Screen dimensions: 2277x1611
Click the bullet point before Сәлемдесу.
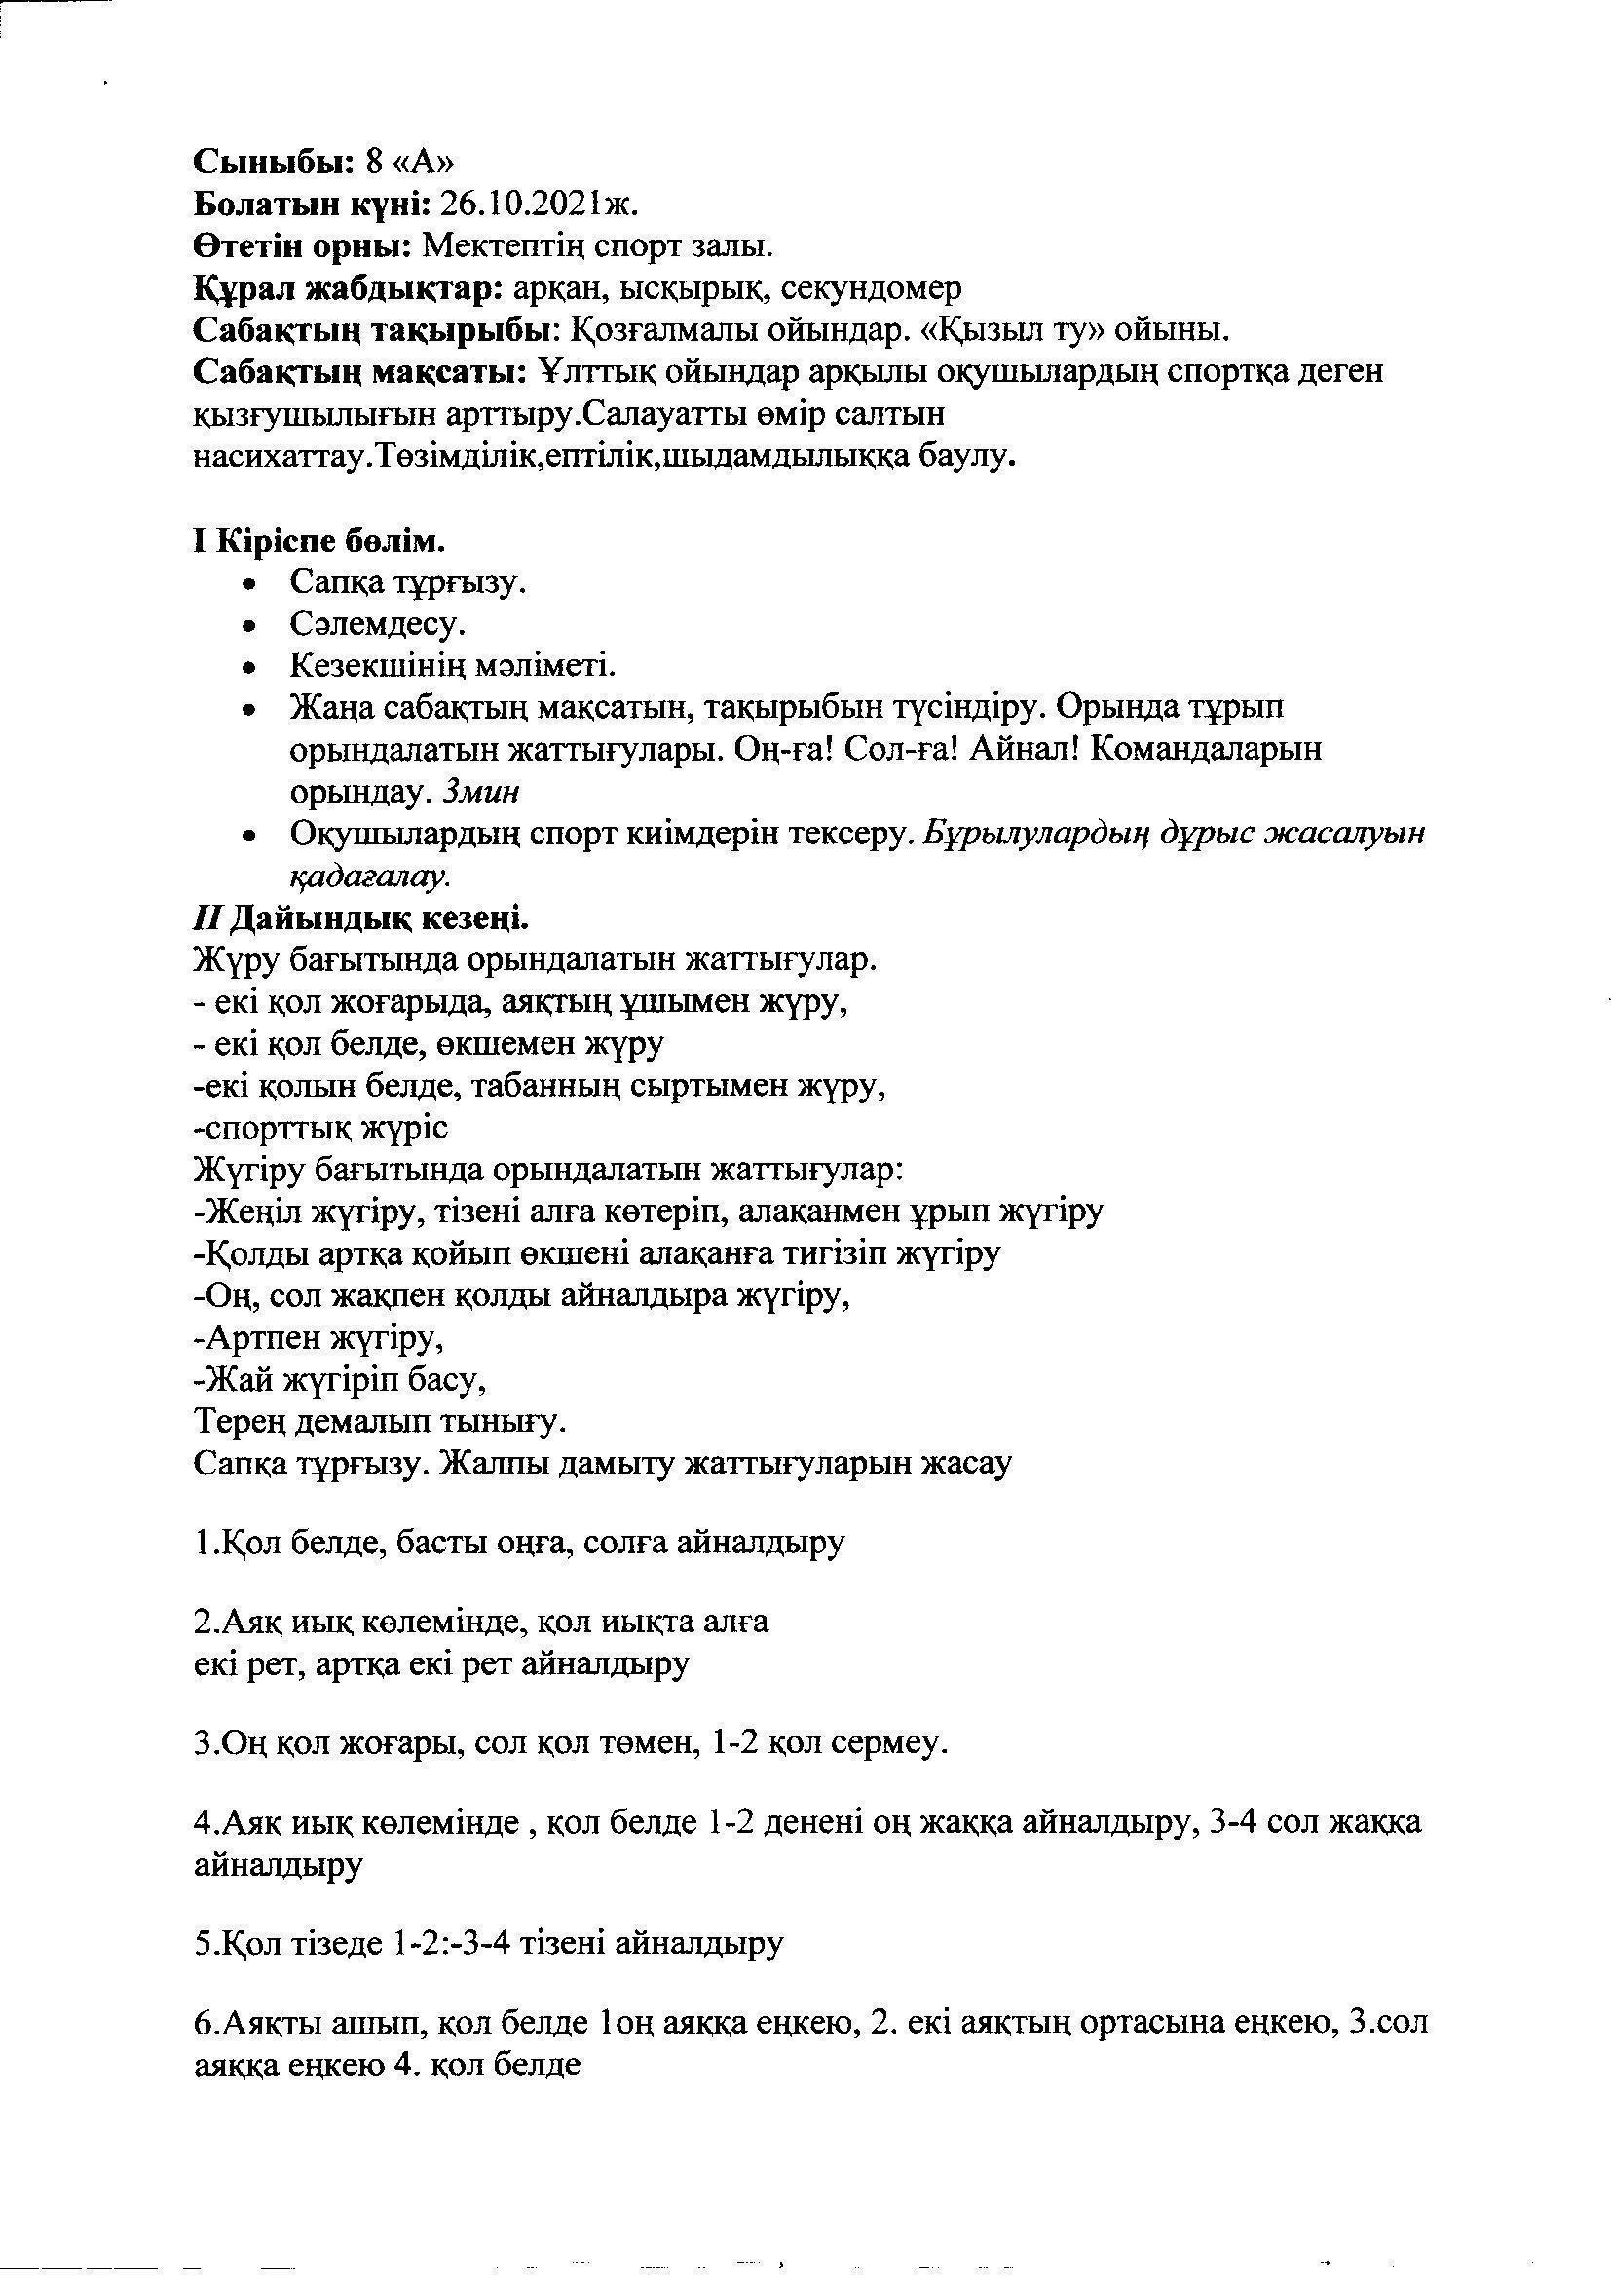254,626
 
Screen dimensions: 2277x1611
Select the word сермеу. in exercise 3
890,1742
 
